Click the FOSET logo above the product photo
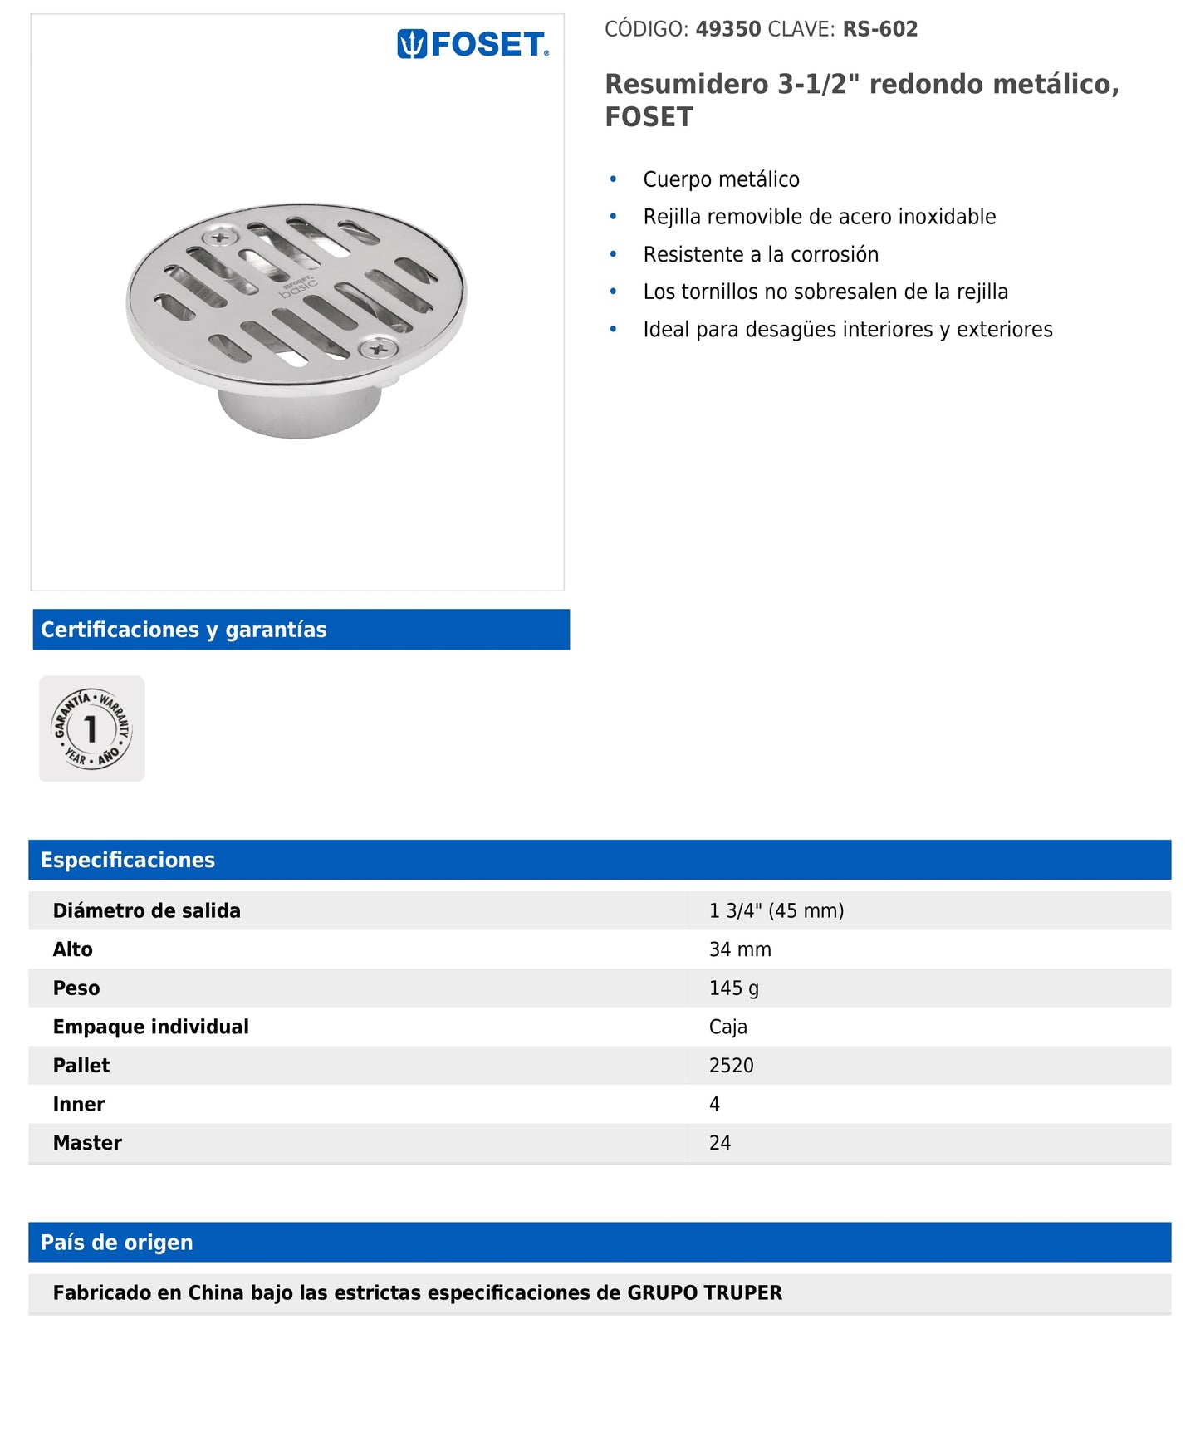473,44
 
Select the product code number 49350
728,29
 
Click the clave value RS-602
880,29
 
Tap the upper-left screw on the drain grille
221,238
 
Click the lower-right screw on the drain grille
378,349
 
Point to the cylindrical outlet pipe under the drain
299,411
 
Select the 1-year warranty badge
92,728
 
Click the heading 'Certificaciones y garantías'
184,630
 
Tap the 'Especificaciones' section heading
128,860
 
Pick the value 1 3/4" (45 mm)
776,910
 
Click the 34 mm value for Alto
740,949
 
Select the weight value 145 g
734,988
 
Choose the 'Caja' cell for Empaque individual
728,1027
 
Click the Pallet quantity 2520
732,1066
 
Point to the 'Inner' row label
79,1104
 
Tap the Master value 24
720,1143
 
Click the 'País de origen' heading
117,1243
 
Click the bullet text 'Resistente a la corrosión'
761,254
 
